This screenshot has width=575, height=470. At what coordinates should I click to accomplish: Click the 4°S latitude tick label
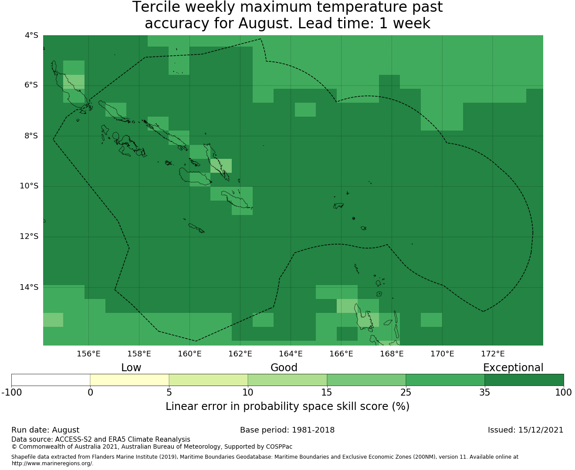pyautogui.click(x=31, y=35)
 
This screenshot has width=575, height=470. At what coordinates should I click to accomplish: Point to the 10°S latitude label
pyautogui.click(x=29, y=186)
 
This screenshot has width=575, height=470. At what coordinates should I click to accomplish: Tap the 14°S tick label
pyautogui.click(x=29, y=287)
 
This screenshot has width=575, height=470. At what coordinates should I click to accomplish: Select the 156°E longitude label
pyautogui.click(x=88, y=354)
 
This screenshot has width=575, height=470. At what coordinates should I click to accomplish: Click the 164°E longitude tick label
pyautogui.click(x=291, y=354)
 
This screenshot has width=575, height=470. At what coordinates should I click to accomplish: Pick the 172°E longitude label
pyautogui.click(x=493, y=354)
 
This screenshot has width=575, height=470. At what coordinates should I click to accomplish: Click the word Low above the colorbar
pyautogui.click(x=131, y=368)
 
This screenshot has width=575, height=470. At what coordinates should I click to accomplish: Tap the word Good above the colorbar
pyautogui.click(x=284, y=368)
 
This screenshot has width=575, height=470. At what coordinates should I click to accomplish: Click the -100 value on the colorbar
pyautogui.click(x=11, y=393)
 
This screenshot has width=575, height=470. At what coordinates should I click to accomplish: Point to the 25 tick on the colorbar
pyautogui.click(x=406, y=393)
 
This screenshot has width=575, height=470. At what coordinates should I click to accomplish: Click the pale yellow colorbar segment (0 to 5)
pyautogui.click(x=129, y=380)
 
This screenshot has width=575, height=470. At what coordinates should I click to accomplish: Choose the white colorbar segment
pyautogui.click(x=51, y=380)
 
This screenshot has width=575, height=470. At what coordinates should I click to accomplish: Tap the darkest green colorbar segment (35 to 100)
pyautogui.click(x=524, y=380)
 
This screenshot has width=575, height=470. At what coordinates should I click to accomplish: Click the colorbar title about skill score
pyautogui.click(x=287, y=406)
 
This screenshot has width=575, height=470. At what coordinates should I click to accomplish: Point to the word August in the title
pyautogui.click(x=264, y=23)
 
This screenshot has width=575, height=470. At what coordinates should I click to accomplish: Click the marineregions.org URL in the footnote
pyautogui.click(x=52, y=463)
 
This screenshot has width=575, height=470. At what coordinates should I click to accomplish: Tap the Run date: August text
pyautogui.click(x=45, y=430)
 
